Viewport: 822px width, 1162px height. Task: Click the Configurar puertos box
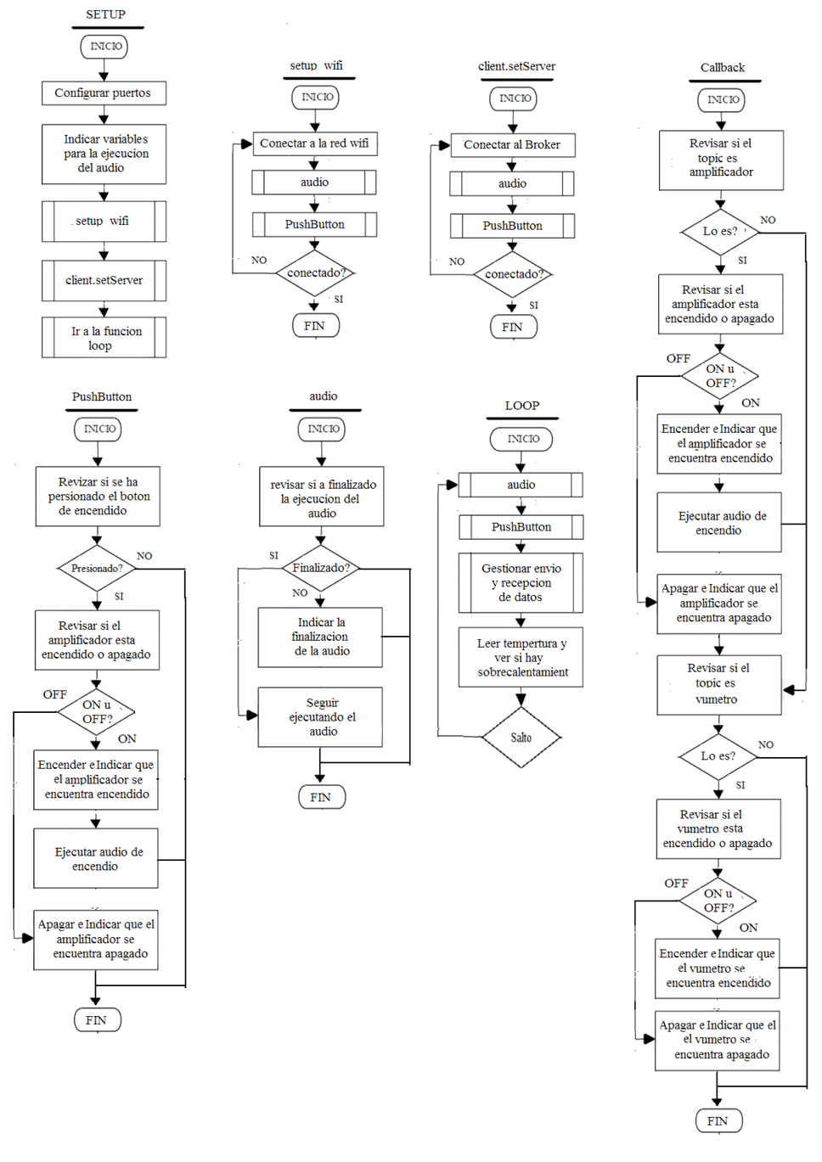pos(104,93)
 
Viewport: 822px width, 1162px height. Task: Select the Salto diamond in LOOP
pos(521,738)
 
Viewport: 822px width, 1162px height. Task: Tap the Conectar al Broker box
pos(512,145)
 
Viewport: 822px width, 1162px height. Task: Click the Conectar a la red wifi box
pos(314,143)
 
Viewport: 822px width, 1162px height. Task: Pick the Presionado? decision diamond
pos(97,568)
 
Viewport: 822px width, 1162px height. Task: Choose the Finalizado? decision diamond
pos(321,568)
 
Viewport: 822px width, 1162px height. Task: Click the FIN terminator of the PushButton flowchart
pos(97,1020)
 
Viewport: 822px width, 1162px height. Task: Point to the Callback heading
pos(723,68)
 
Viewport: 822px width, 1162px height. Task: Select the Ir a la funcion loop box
pos(104,338)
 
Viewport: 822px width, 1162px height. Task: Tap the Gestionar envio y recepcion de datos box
pos(521,583)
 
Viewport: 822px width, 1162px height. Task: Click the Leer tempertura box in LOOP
pos(521,658)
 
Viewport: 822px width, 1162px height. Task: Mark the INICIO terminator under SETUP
pos(104,47)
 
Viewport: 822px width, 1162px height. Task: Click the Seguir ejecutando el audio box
pos(321,717)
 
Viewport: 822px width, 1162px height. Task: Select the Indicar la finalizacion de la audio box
pos(321,637)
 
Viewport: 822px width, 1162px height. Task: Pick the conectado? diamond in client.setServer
pos(513,274)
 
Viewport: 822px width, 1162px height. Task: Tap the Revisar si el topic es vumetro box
pos(718,684)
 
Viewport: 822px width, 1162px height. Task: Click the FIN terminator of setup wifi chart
pos(315,326)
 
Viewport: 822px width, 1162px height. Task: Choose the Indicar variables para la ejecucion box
pos(104,154)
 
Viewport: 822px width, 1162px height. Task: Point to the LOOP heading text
pos(521,406)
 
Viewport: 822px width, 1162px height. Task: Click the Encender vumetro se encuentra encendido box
pos(718,968)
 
